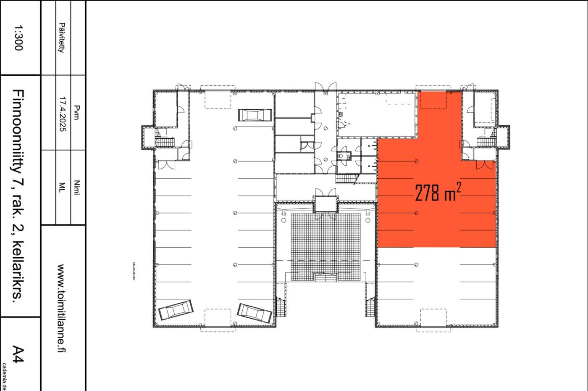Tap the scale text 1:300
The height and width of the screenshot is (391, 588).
click(18, 37)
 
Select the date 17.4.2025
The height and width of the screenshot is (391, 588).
click(63, 114)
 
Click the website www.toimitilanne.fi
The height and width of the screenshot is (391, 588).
click(61, 308)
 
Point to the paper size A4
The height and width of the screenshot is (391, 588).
click(18, 354)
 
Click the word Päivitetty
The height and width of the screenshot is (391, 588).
click(62, 37)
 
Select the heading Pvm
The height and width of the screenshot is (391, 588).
click(76, 113)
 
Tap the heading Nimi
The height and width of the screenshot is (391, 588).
click(76, 188)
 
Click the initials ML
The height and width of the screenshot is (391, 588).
click(62, 188)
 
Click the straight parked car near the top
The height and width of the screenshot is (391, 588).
click(255, 115)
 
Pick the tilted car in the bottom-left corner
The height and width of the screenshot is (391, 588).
click(176, 310)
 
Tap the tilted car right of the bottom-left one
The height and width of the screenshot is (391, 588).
click(255, 313)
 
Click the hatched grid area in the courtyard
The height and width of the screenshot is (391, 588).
click(325, 247)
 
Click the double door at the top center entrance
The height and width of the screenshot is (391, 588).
click(325, 87)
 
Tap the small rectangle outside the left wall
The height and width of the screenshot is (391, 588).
click(134, 271)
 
